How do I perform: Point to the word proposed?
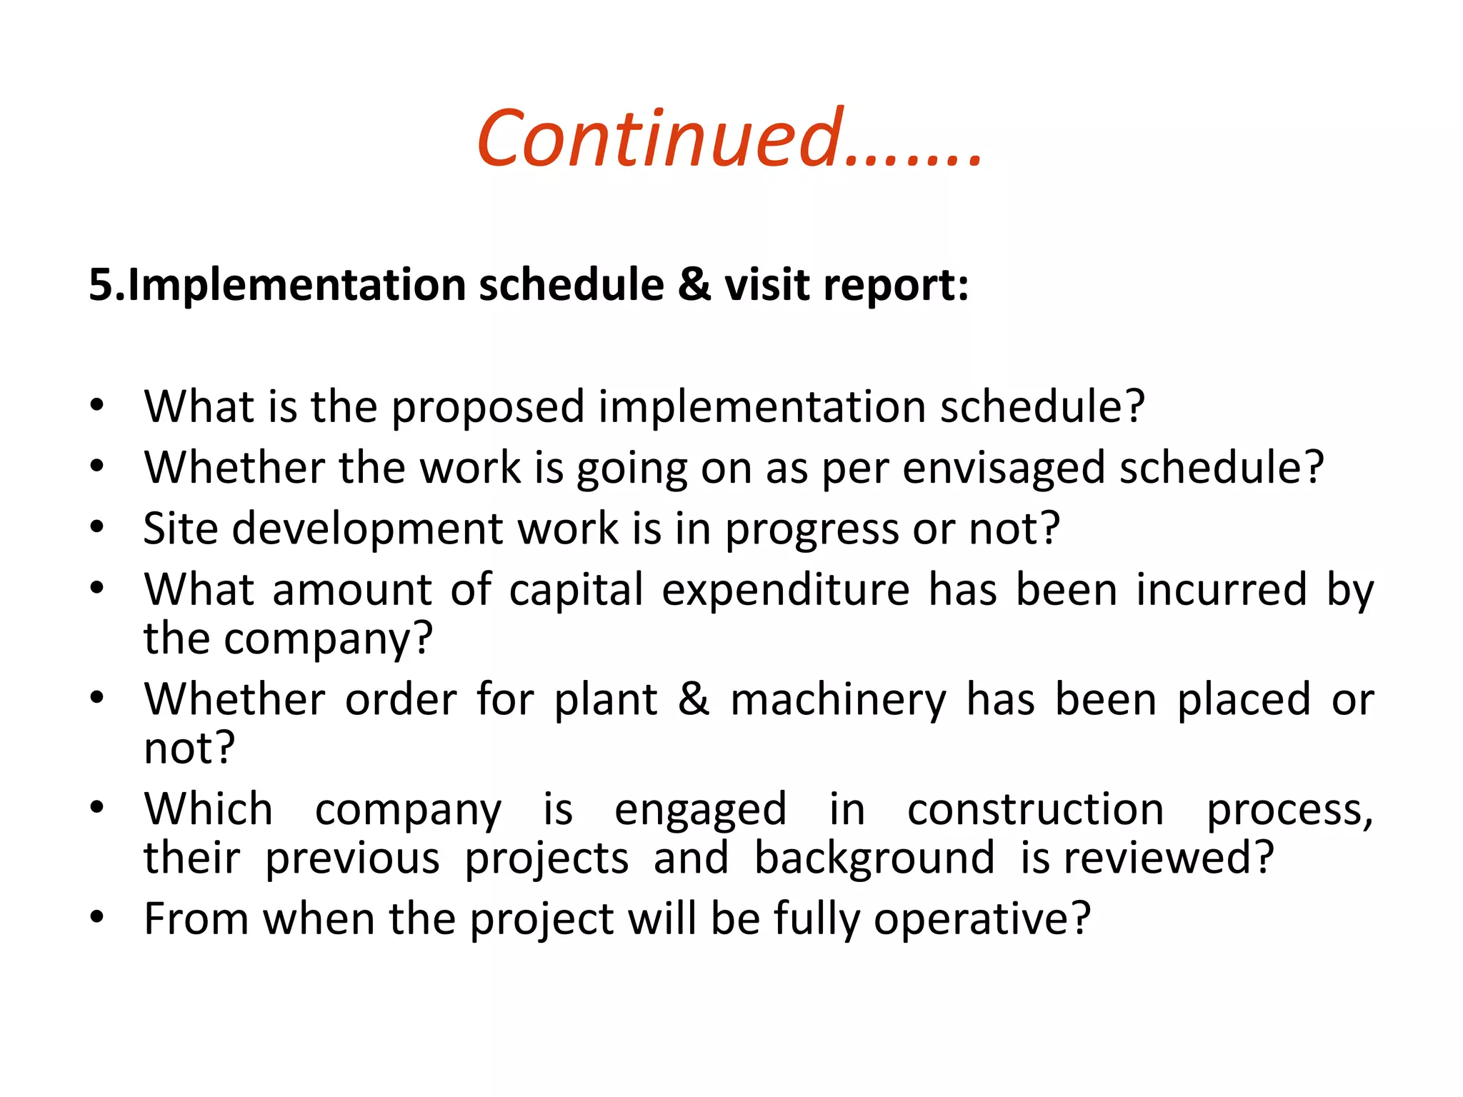488,407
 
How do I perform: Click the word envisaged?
1003,469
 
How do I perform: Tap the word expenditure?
786,591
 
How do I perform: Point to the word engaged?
700,811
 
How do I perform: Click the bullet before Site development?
97,528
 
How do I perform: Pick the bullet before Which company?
97,808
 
